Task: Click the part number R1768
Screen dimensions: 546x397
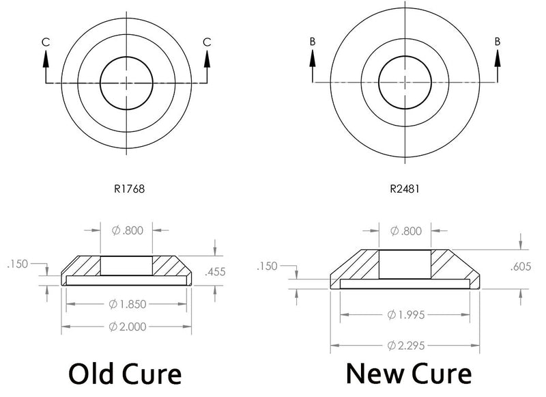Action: [129, 189]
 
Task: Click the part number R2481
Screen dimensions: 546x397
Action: [405, 189]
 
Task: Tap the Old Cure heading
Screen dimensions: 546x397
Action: [125, 374]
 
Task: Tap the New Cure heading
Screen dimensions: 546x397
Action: [409, 373]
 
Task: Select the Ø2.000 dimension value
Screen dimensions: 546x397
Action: [128, 327]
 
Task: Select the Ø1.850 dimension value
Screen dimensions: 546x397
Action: [128, 304]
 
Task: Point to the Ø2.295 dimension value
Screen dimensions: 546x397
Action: [406, 346]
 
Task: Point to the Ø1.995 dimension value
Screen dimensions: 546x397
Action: [406, 315]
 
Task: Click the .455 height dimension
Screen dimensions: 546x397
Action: [215, 271]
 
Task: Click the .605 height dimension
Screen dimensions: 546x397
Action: [521, 266]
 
